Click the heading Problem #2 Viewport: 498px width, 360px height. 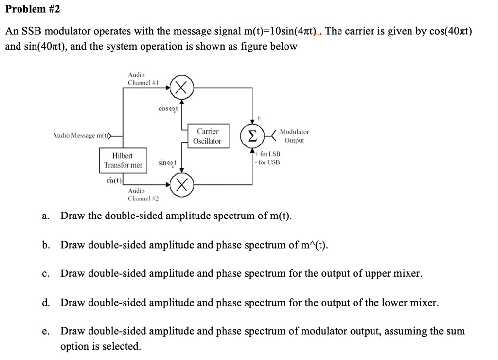click(x=33, y=9)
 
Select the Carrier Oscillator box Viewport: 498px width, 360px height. click(x=207, y=136)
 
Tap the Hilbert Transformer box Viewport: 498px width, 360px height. click(x=123, y=161)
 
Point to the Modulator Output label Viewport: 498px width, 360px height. click(x=294, y=136)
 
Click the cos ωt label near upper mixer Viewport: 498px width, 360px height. click(x=168, y=108)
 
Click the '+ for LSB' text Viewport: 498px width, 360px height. click(x=268, y=154)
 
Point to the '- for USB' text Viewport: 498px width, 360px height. click(x=267, y=162)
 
